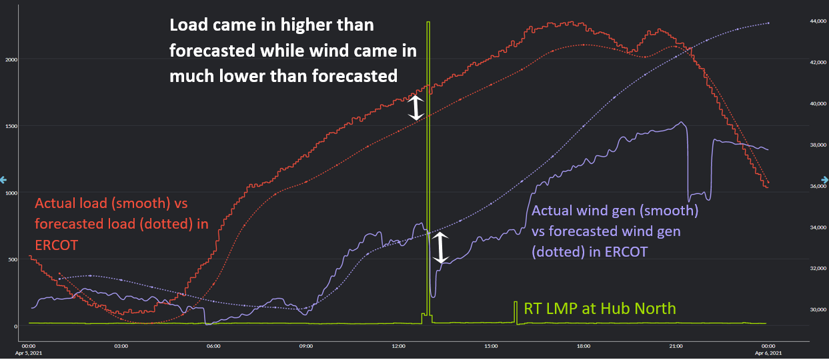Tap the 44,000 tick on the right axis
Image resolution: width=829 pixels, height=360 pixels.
(799, 22)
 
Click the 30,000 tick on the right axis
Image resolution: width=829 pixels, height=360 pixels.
(799, 310)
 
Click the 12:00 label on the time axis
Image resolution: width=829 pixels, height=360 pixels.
(398, 345)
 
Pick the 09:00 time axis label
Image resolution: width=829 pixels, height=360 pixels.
(306, 345)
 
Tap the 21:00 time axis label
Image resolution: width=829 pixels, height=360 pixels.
(676, 345)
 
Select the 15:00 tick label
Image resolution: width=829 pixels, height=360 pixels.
(491, 345)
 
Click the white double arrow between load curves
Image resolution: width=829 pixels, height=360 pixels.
(416, 108)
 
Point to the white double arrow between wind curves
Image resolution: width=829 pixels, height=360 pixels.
(440, 248)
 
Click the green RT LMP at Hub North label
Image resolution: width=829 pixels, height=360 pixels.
(600, 309)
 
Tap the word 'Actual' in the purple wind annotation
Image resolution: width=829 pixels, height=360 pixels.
(553, 212)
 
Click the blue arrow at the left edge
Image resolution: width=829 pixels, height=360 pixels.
(3, 179)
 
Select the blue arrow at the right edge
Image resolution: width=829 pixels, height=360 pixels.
(825, 179)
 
